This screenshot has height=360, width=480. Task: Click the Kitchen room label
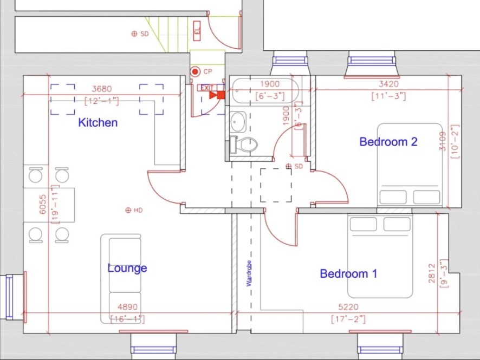click(x=98, y=123)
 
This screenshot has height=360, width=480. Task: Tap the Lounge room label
click(x=127, y=269)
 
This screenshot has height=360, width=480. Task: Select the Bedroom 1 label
click(x=348, y=274)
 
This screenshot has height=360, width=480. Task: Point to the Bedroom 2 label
click(x=388, y=142)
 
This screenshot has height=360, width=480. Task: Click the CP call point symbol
click(x=194, y=71)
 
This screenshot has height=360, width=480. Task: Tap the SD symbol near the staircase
click(x=134, y=34)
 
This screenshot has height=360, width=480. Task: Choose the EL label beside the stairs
click(x=197, y=31)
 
